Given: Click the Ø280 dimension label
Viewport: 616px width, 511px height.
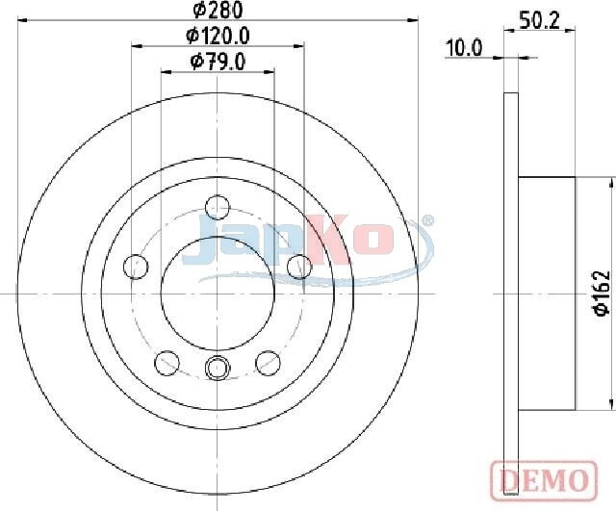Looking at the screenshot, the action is (x=218, y=10).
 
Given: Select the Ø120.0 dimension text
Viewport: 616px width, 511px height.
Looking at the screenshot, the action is (x=218, y=37).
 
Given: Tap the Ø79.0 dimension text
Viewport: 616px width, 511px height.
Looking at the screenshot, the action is (x=218, y=62).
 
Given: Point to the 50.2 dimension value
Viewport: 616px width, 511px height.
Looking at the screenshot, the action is (x=539, y=20).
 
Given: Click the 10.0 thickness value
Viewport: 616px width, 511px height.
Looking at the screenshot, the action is (x=464, y=48).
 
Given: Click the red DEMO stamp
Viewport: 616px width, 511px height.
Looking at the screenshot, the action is (x=544, y=478).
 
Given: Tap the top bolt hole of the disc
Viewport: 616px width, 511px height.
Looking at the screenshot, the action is (x=218, y=207).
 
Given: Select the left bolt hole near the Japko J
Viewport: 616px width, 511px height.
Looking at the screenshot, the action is (x=136, y=267).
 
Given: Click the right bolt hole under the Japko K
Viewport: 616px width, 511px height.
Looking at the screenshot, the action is (x=299, y=267).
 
